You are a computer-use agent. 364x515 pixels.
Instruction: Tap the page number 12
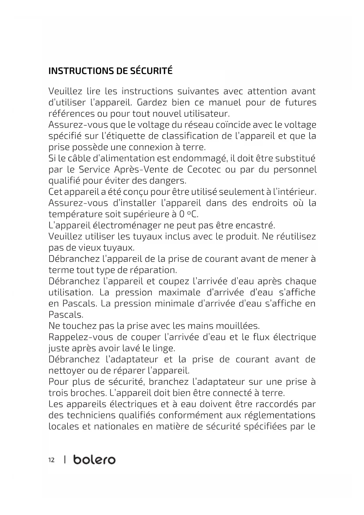51,460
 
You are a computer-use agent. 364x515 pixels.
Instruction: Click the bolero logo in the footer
94,460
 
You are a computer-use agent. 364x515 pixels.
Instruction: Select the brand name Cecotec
204,170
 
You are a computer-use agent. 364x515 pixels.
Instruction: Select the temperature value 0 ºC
189,214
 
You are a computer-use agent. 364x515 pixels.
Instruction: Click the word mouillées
238,326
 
